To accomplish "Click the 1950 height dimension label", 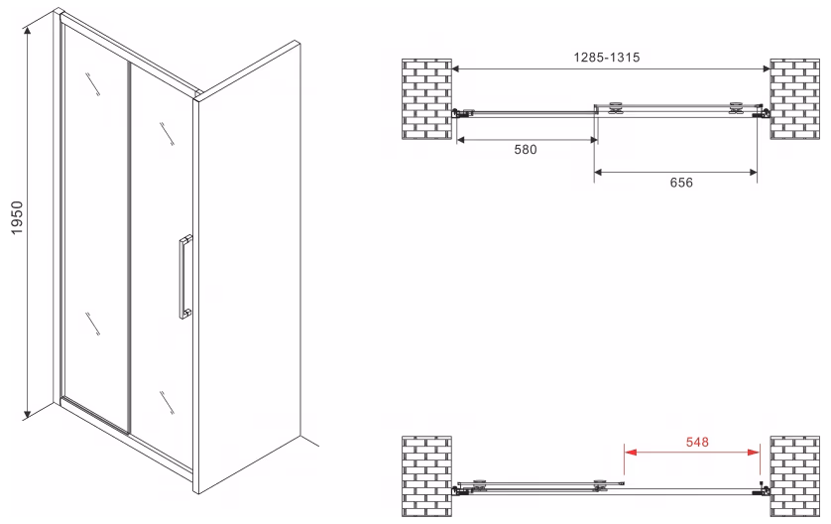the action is [18, 217].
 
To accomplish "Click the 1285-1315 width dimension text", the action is [607, 58].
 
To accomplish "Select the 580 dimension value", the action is [526, 150].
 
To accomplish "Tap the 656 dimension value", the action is [681, 183].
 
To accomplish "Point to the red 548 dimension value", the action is [697, 442].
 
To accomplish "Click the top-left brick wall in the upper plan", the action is [426, 99].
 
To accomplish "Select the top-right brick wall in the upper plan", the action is [794, 99].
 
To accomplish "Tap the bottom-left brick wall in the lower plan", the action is [426, 475].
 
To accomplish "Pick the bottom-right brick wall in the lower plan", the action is [794, 475].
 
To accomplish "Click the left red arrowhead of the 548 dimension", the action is [630, 453].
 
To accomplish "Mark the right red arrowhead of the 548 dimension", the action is [754, 453].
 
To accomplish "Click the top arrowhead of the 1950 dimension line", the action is [28, 31].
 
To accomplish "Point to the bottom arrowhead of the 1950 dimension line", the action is [28, 414].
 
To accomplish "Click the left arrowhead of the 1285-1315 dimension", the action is [455, 68].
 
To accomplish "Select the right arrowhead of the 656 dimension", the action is [753, 172].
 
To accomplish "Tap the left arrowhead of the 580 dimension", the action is [460, 140].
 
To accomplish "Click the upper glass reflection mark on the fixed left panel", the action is [92, 83].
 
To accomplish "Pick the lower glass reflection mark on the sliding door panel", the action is [167, 403].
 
